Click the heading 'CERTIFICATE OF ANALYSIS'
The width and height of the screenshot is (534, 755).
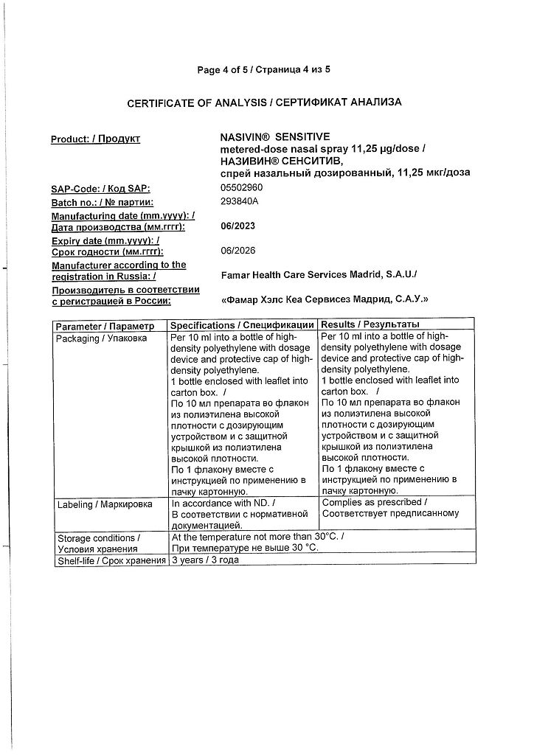pos(197,103)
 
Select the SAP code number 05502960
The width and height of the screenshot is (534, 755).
pos(242,187)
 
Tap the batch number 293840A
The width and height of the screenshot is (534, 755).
pos(240,201)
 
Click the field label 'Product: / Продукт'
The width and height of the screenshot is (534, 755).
pos(95,139)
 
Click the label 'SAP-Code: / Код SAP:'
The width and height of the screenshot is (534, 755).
pos(100,189)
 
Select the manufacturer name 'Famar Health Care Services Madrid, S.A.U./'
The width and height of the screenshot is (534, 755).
pos(319,275)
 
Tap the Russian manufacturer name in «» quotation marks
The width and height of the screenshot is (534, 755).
pos(325,300)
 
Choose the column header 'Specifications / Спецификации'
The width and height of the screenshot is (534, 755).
pos(242,325)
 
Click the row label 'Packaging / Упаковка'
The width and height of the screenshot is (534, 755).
pos(102,338)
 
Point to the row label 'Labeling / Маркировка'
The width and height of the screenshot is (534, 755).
pos(104,504)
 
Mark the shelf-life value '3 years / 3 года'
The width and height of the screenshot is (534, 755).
pos(204,560)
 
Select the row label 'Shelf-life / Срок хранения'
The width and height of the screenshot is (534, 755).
pos(111,561)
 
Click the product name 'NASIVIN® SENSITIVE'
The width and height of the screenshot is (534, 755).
pos(275,137)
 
